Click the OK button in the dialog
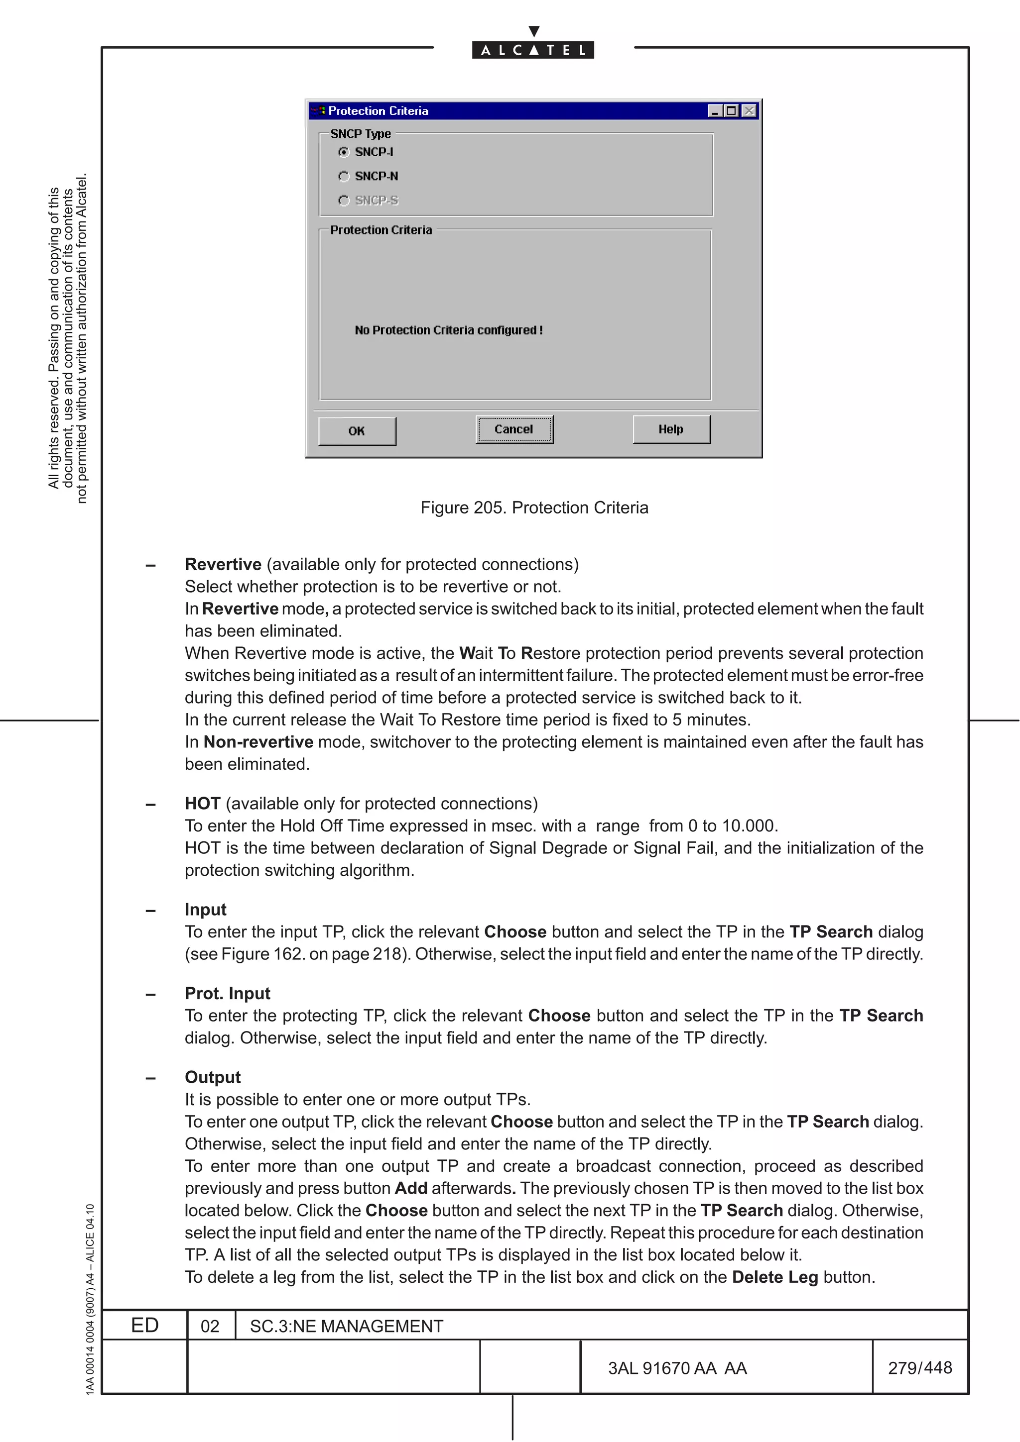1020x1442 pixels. pyautogui.click(x=357, y=431)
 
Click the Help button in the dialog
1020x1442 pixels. pyautogui.click(x=671, y=429)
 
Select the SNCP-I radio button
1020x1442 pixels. pyautogui.click(x=344, y=152)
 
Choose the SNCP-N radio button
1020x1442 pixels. pyautogui.click(x=344, y=177)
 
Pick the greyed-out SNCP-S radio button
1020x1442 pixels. pyautogui.click(x=344, y=201)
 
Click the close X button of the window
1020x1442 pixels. pyautogui.click(x=749, y=111)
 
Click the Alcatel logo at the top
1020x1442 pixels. pyautogui.click(x=533, y=50)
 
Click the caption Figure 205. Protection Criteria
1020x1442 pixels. pyautogui.click(x=534, y=508)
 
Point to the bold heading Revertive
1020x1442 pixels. pyautogui.click(x=223, y=565)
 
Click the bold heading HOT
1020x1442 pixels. pyautogui.click(x=202, y=804)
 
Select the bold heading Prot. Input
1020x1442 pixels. pyautogui.click(x=228, y=994)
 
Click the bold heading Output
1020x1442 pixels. pyautogui.click(x=213, y=1078)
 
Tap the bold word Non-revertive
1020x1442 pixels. pyautogui.click(x=258, y=742)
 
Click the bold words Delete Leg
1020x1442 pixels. pyautogui.click(x=775, y=1277)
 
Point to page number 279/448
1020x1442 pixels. pyautogui.click(x=919, y=1368)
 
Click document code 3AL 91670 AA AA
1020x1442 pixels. pyautogui.click(x=677, y=1368)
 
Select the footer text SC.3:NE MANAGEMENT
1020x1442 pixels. pyautogui.click(x=346, y=1327)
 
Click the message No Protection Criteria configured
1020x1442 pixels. pyautogui.click(x=448, y=330)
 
